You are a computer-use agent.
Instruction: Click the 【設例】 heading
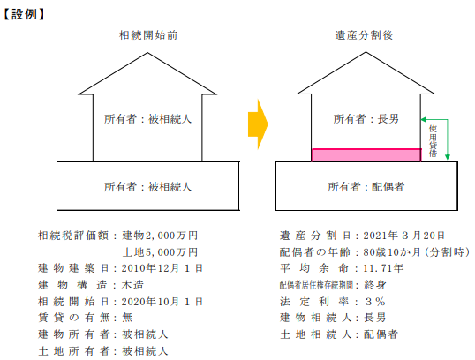[x=24, y=14]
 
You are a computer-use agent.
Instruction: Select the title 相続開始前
[x=148, y=35]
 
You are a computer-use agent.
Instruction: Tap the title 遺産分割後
[x=364, y=35]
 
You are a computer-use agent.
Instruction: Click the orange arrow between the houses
[x=258, y=124]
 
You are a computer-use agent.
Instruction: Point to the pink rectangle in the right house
[x=366, y=155]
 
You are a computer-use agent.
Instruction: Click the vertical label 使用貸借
[x=433, y=141]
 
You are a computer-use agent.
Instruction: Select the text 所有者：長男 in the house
[x=366, y=119]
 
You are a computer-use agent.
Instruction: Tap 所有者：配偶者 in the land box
[x=366, y=186]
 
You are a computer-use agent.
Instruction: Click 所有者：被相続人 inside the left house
[x=147, y=119]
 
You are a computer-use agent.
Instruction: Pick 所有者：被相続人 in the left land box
[x=147, y=186]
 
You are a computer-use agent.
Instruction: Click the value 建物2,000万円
[x=160, y=236]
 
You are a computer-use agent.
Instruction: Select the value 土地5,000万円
[x=160, y=251]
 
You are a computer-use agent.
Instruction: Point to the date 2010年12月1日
[x=162, y=268]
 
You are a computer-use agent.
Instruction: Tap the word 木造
[x=132, y=285]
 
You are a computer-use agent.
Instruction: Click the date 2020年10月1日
[x=162, y=302]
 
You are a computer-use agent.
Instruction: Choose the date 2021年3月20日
[x=403, y=236]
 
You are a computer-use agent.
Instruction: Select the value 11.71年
[x=383, y=268]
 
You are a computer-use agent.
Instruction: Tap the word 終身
[x=375, y=285]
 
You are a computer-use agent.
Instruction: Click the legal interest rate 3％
[x=375, y=302]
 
